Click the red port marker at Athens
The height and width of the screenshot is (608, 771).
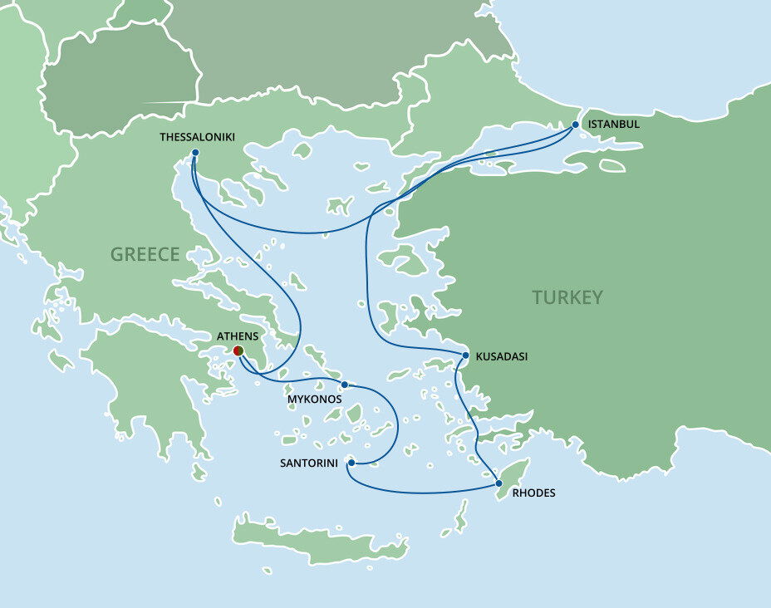tap(238, 351)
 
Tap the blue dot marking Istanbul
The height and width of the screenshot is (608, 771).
tap(574, 125)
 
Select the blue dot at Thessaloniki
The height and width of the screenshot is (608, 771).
tap(194, 153)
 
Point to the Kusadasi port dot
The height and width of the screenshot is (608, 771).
tap(464, 356)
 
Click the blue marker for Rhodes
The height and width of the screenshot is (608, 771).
tap(498, 483)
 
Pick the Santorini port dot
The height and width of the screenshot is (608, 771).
tap(351, 463)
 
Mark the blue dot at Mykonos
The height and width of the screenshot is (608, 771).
tap(344, 385)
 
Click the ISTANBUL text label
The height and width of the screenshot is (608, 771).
tap(613, 125)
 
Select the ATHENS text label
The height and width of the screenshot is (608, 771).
tap(237, 336)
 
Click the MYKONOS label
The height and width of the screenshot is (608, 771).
tap(314, 400)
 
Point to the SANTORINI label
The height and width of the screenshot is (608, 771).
tap(310, 463)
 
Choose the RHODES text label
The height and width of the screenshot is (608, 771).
tap(534, 493)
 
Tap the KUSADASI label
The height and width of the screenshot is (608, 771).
tap(501, 357)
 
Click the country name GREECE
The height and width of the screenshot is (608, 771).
tap(145, 254)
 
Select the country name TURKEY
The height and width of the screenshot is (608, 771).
tap(567, 297)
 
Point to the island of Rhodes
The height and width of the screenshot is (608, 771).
tap(511, 477)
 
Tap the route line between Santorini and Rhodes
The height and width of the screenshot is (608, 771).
tap(424, 493)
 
